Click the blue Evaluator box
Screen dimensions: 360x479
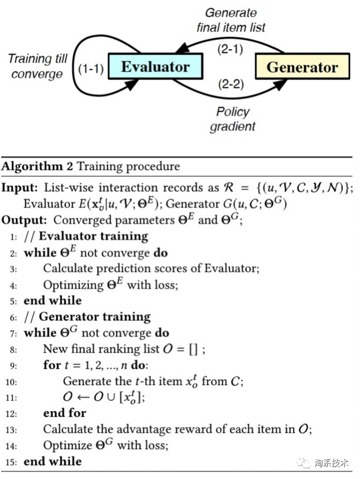point(155,67)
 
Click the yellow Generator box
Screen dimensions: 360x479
point(302,68)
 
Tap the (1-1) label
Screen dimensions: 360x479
point(89,68)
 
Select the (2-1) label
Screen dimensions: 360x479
point(231,50)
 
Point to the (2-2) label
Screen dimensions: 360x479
point(231,84)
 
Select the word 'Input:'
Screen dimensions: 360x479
point(20,189)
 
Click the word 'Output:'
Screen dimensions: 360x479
point(24,221)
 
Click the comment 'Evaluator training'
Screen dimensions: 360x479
point(93,236)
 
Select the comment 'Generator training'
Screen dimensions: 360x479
point(95,317)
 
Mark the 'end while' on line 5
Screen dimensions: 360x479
point(52,301)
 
